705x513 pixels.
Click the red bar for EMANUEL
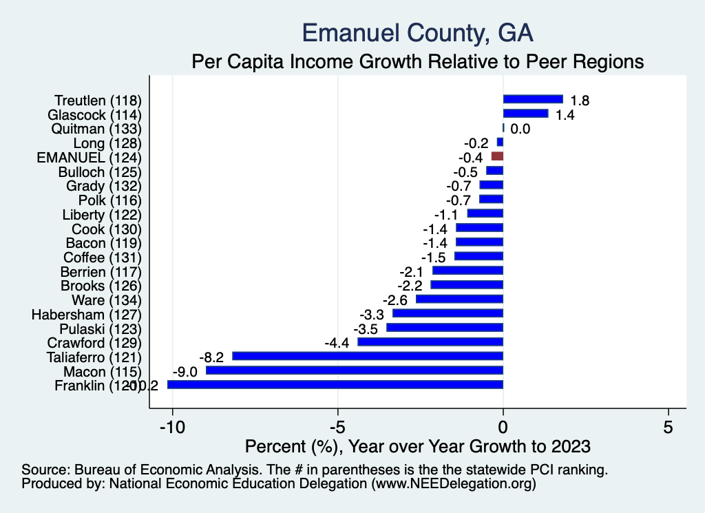[x=497, y=157]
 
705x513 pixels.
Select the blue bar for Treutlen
[x=533, y=100]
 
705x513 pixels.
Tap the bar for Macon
[x=355, y=370]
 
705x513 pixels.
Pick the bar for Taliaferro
[x=368, y=356]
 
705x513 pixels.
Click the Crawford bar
[x=430, y=342]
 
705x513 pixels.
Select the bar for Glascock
[x=526, y=114]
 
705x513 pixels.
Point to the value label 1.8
[x=580, y=101]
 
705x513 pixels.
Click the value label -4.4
[x=337, y=343]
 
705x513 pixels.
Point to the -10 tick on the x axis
[x=172, y=426]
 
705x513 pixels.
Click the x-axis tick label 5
[x=669, y=426]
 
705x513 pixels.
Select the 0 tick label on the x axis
[x=503, y=426]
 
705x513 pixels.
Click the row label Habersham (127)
[x=86, y=314]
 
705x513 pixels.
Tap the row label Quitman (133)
[x=96, y=129]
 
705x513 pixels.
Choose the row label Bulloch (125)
[x=100, y=171]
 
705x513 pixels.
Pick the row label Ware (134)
[x=107, y=300]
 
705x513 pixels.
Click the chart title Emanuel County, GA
[x=418, y=32]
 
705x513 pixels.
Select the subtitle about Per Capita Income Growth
[x=418, y=61]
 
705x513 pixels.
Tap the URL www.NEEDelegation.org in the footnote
[x=454, y=484]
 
